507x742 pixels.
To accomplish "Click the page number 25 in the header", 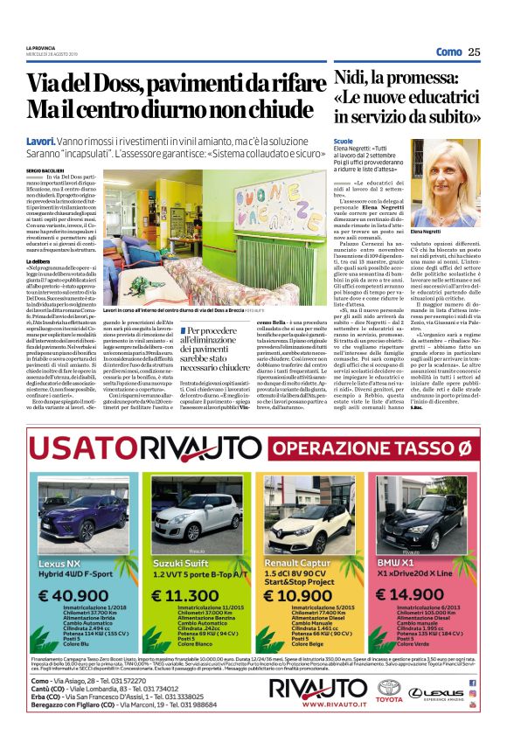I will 474,52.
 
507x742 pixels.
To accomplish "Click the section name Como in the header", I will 448,52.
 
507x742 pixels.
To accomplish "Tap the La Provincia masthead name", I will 40,47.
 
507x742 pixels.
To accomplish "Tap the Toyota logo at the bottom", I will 389,690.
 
